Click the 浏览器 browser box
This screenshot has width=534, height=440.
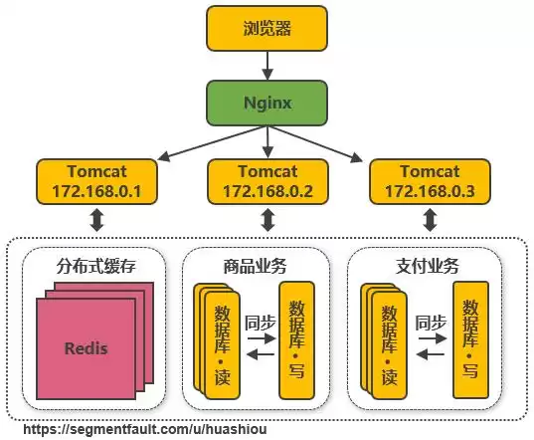click(267, 29)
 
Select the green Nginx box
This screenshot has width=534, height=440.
click(267, 103)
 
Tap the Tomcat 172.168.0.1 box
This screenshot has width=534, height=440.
click(96, 179)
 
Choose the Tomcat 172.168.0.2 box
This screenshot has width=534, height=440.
click(267, 179)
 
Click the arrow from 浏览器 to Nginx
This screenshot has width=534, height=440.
click(267, 66)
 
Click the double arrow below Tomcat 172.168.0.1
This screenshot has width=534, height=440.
click(96, 219)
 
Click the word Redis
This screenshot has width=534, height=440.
click(86, 348)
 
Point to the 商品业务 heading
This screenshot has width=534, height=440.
click(257, 266)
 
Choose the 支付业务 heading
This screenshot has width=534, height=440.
click(422, 266)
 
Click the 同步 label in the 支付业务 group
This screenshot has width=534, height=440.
click(432, 322)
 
